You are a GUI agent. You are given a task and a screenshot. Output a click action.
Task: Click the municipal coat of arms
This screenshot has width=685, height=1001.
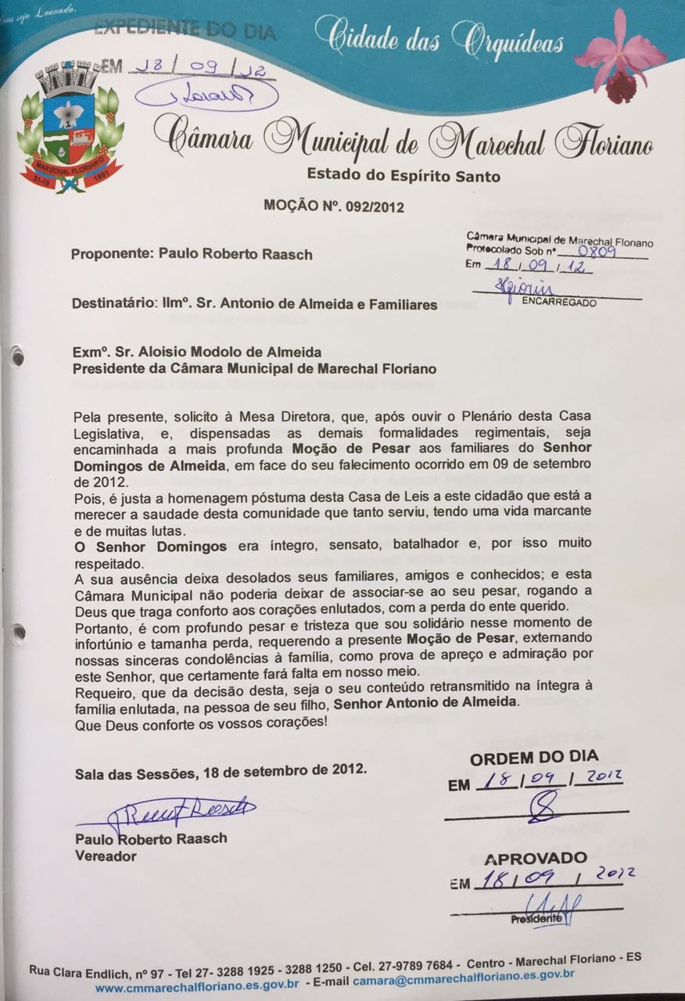click(x=71, y=130)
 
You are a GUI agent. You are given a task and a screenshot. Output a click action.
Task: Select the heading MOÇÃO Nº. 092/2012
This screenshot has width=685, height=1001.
click(x=329, y=207)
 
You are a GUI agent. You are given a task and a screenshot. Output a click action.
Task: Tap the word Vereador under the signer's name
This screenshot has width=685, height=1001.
click(x=105, y=856)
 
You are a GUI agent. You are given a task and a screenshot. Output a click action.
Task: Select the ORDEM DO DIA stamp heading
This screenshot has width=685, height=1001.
click(x=534, y=757)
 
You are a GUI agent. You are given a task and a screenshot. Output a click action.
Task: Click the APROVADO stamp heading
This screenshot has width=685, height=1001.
click(x=536, y=859)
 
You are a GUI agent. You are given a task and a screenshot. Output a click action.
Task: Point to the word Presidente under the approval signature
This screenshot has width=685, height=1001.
click(x=536, y=919)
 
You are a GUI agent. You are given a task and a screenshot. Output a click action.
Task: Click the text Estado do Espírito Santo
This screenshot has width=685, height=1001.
click(x=403, y=176)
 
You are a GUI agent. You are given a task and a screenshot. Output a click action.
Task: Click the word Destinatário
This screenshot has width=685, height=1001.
click(x=115, y=304)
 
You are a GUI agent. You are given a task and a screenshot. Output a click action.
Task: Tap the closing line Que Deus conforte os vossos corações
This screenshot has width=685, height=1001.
click(x=201, y=723)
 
